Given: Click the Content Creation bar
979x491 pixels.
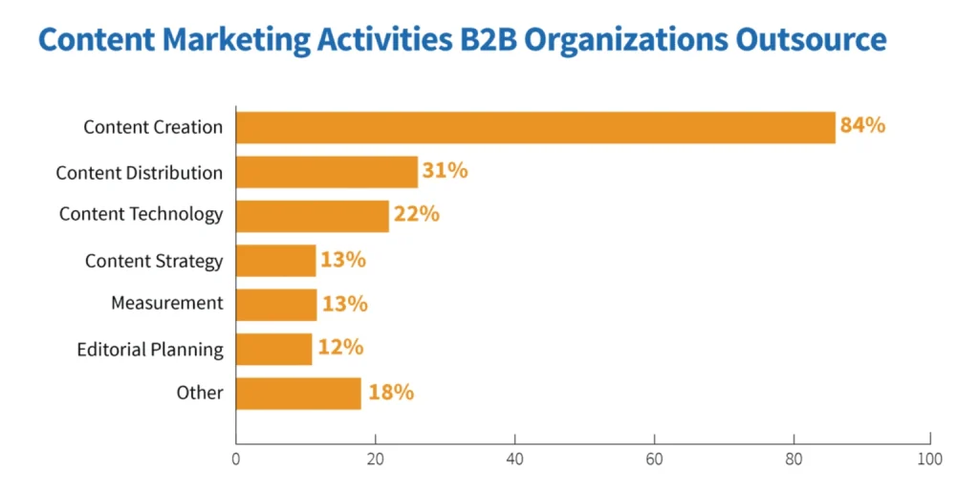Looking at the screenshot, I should pos(535,127).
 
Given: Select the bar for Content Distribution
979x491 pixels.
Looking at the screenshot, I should pos(327,172).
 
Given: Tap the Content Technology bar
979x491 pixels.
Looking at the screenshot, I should pos(313,216).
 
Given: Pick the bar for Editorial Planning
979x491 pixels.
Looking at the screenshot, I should pos(274,349).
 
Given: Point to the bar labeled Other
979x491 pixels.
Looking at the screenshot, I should pos(298,393).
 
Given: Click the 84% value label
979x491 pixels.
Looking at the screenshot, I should pos(862,125).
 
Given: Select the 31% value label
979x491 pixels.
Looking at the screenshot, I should pos(445,171).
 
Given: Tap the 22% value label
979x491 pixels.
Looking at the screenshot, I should pos(416,214).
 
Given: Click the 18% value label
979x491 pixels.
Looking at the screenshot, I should pos(390,392).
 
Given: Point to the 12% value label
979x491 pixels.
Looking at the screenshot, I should pos(340,348).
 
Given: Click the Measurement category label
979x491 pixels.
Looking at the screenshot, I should pos(166,303).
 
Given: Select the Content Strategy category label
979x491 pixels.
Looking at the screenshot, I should pos(154,261).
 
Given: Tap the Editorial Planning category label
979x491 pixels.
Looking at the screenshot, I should pos(150,350).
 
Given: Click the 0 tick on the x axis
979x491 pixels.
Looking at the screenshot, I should pos(236,459).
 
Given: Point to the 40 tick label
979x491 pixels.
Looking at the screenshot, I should pos(514,459).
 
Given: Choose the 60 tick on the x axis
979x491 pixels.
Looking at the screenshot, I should pos(654,459).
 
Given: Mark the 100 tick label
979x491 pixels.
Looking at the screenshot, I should pos(929,459).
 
